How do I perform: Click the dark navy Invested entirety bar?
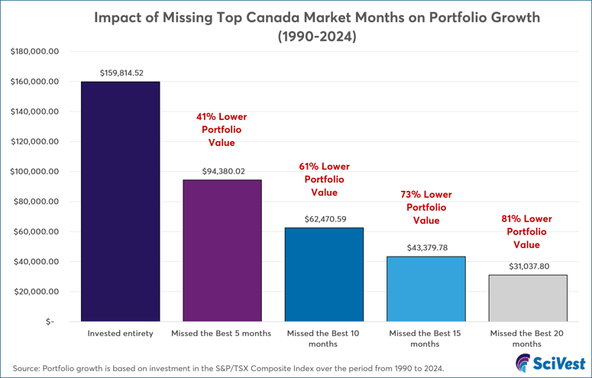[x=121, y=202]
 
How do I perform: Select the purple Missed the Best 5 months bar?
[x=222, y=250]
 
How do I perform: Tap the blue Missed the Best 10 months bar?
[x=324, y=275]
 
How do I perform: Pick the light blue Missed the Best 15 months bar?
[x=425, y=289]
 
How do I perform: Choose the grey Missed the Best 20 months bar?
[x=527, y=298]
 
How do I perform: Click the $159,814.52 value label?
[x=121, y=73]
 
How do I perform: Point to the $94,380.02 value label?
[x=222, y=172]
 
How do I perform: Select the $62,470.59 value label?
[x=324, y=219]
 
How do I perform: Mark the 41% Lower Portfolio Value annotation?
[x=222, y=130]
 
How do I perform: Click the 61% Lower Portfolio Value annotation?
[x=325, y=179]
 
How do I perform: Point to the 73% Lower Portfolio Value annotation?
[x=426, y=208]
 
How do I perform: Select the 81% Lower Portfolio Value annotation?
[x=526, y=232]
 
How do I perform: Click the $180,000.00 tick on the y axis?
[x=34, y=51]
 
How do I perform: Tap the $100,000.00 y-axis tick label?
[x=34, y=172]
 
